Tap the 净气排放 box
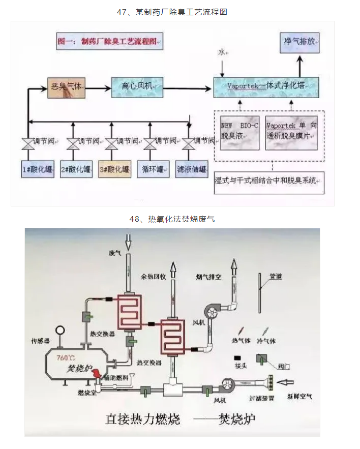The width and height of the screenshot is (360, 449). [299, 42]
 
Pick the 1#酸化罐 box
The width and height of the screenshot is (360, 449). [38, 169]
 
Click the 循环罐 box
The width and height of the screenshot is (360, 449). [152, 169]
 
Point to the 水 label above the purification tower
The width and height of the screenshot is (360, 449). [222, 52]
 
